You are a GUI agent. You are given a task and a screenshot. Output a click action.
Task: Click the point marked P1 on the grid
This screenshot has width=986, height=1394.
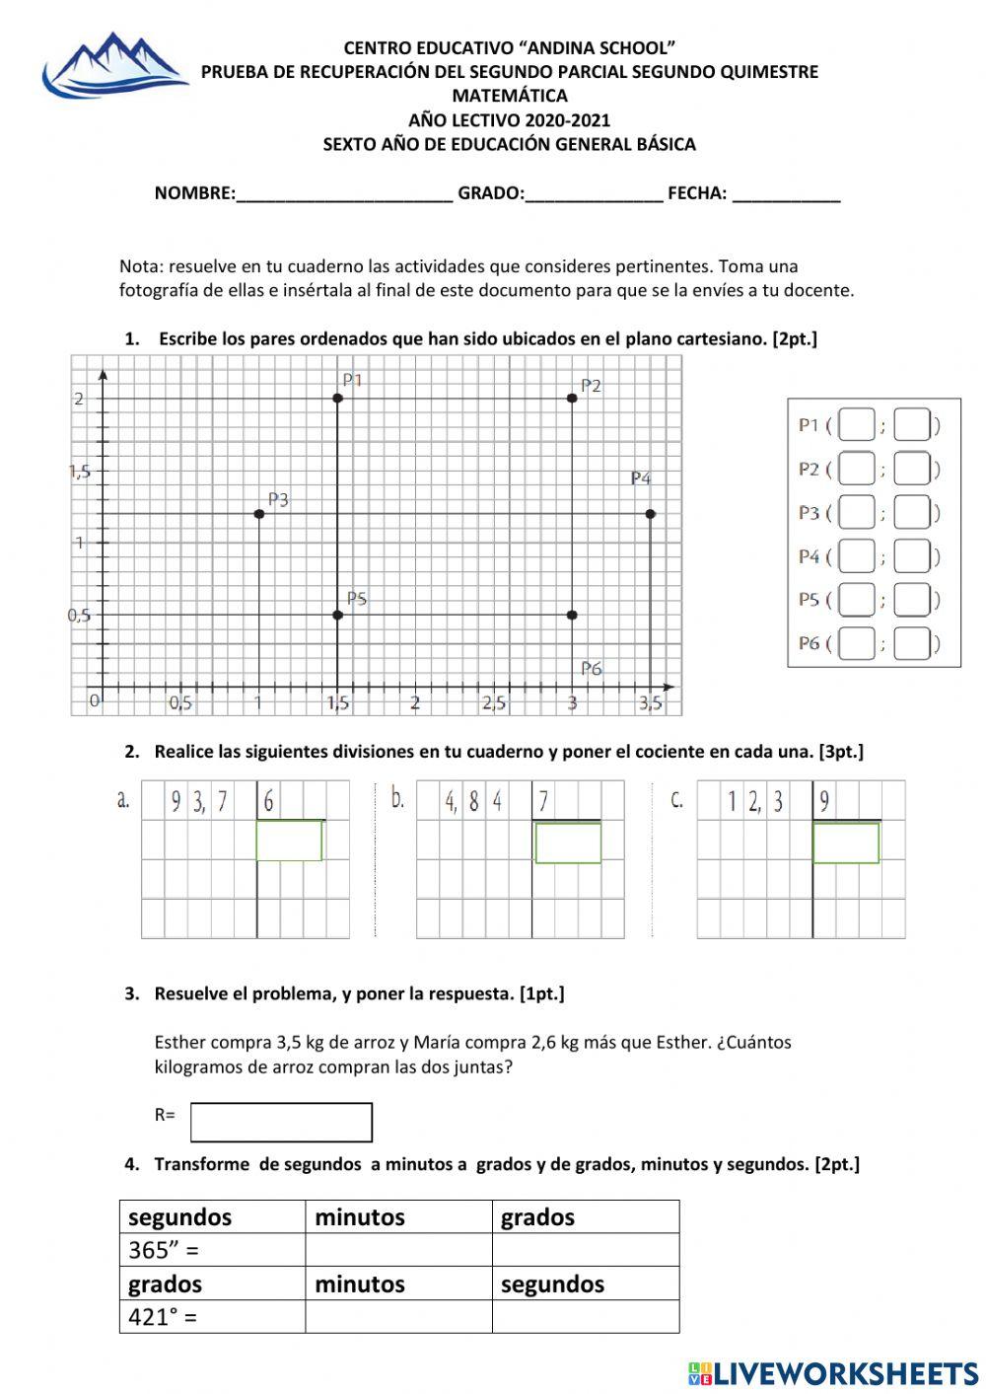tap(338, 398)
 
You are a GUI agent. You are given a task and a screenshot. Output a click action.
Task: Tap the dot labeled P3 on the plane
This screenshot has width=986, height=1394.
tap(259, 514)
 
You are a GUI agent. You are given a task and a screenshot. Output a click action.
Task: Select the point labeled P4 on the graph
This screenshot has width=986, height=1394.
tap(650, 514)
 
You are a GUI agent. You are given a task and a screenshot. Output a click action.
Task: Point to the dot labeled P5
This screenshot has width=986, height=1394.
tap(338, 615)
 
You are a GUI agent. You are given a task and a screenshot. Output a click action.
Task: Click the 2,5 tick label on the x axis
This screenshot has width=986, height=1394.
tap(494, 703)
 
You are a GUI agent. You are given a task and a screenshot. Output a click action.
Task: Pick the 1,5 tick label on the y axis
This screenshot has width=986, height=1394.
tap(80, 472)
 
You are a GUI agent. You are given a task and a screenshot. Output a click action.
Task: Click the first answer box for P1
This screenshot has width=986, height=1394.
tap(857, 425)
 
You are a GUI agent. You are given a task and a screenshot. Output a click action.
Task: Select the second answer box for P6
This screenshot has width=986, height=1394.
tap(912, 644)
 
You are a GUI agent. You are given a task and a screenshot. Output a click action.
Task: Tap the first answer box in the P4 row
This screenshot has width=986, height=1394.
tap(857, 556)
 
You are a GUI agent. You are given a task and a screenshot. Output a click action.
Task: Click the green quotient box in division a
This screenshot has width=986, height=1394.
tap(289, 841)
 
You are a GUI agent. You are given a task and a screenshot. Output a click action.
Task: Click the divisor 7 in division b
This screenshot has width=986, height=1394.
tap(543, 801)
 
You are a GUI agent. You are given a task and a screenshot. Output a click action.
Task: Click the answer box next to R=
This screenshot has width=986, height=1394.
tap(281, 1122)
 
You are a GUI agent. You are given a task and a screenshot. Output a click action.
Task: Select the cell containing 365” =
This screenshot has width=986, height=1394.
tap(212, 1250)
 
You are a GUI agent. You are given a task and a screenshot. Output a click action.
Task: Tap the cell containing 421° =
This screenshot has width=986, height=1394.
tap(212, 1316)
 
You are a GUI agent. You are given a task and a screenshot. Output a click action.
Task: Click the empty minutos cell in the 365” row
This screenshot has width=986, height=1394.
tap(398, 1250)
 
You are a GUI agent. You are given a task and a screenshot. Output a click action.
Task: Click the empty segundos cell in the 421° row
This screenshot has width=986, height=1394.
tap(586, 1316)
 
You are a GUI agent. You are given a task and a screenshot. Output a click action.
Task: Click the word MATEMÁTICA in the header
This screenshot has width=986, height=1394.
tap(510, 96)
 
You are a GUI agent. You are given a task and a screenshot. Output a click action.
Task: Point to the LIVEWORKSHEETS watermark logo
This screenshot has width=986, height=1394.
tap(833, 1372)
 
